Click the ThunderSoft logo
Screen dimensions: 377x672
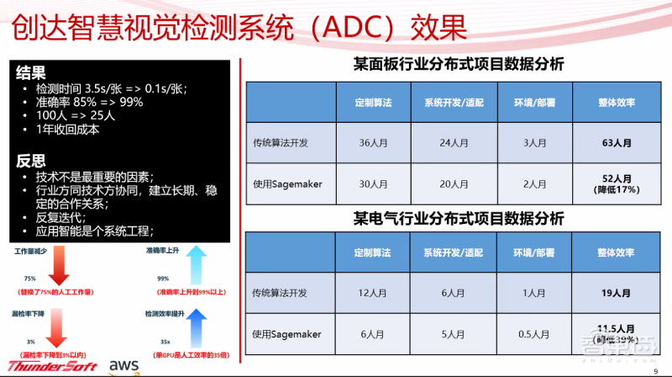click(x=52, y=365)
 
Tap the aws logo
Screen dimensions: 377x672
click(x=124, y=365)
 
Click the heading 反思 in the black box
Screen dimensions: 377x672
click(x=29, y=161)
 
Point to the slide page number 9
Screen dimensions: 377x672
click(x=655, y=369)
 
